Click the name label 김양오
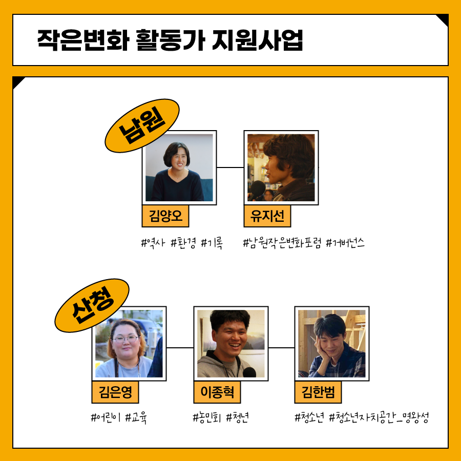pyautogui.click(x=165, y=216)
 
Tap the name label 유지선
pyautogui.click(x=267, y=216)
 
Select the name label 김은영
pyautogui.click(x=115, y=392)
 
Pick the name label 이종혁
pyautogui.click(x=217, y=392)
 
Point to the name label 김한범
pyautogui.click(x=318, y=392)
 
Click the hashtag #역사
pyautogui.click(x=152, y=243)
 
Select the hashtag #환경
pyautogui.click(x=183, y=243)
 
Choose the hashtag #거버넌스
pyautogui.click(x=345, y=243)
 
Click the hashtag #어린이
pyautogui.click(x=105, y=418)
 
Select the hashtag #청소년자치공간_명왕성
pyautogui.click(x=379, y=418)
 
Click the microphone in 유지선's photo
pyautogui.click(x=257, y=190)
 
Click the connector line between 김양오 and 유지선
pyautogui.click(x=230, y=167)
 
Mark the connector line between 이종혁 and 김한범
pyautogui.click(x=281, y=347)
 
